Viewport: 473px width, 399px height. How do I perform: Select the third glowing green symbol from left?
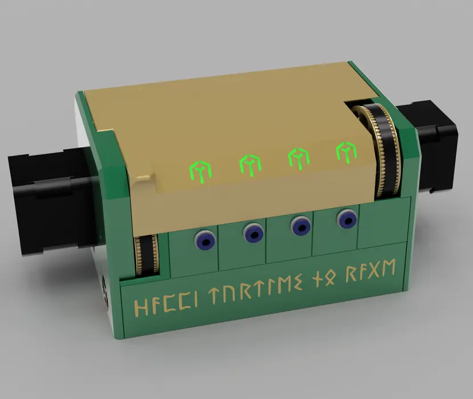point(298,158)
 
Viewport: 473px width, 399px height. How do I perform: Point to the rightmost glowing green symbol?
point(345,152)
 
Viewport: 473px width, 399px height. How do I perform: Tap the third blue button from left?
point(300,225)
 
